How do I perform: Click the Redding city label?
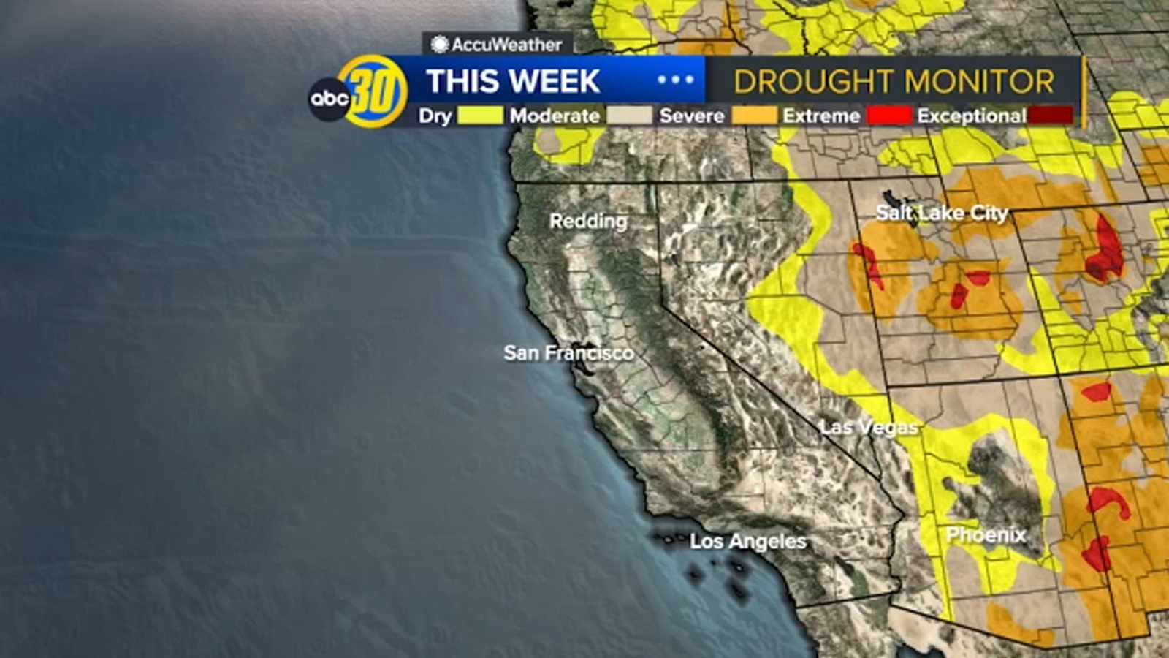click(588, 221)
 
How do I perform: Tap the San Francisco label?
click(568, 353)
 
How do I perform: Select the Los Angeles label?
click(748, 542)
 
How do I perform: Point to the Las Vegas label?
click(868, 427)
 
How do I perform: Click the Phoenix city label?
click(986, 535)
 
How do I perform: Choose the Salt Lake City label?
click(942, 213)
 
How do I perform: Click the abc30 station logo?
click(358, 92)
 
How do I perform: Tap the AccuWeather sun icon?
click(439, 45)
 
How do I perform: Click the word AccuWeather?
click(506, 45)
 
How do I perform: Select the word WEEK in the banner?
click(556, 81)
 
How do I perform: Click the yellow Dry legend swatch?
click(480, 116)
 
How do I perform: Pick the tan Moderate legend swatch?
click(629, 116)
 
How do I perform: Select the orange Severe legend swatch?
click(753, 116)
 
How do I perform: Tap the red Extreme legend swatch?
click(889, 116)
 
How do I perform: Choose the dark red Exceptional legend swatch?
click(1051, 116)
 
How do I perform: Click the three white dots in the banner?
click(676, 80)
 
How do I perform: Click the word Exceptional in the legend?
click(972, 116)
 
